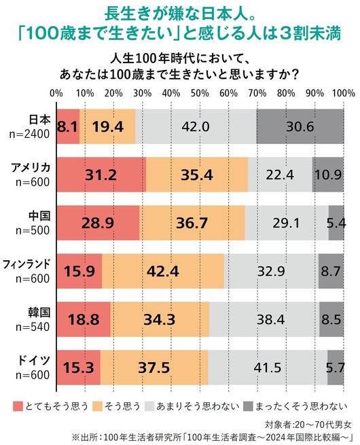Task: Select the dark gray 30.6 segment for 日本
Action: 300,126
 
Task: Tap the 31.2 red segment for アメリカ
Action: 101,175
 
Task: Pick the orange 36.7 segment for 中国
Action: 192,223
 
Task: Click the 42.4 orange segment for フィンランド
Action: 163,271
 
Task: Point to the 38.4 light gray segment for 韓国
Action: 264,319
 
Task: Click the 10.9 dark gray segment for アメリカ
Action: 328,175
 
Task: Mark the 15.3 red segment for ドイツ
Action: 78,368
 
